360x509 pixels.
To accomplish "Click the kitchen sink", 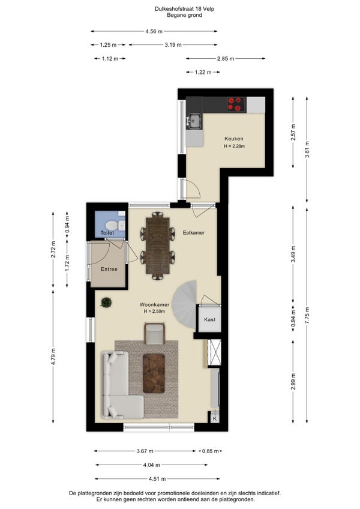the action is [194, 121].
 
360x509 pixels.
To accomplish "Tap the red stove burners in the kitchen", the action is [236, 104].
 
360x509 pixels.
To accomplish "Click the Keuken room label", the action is [234, 139].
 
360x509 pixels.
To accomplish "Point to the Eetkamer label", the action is [193, 232].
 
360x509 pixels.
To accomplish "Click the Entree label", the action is [109, 269].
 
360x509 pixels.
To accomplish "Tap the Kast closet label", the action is [210, 319].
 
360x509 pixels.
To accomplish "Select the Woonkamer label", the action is [154, 304].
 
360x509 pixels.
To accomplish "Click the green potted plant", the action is [106, 303].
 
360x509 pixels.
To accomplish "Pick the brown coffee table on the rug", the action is [154, 373].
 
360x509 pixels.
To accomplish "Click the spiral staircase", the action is [185, 306].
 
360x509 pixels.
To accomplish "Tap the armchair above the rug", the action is [155, 333].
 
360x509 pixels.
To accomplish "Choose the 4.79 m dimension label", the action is [53, 357].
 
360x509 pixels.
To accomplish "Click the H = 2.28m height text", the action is [234, 146].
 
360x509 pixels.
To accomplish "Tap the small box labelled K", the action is [215, 419].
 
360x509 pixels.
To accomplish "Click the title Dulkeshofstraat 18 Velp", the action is [184, 9].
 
